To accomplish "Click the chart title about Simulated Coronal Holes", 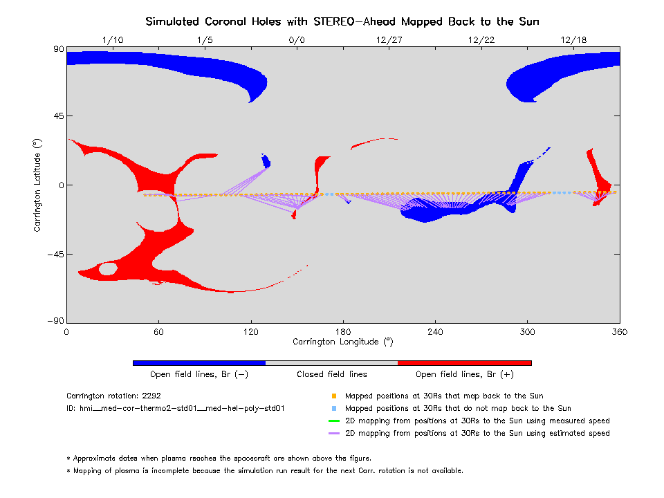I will point(342,21).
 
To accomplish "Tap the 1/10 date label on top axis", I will point(113,39).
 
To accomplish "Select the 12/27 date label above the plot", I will point(389,39).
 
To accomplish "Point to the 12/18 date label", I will point(573,39).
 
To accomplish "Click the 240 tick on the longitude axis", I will point(435,332).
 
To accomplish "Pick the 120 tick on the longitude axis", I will point(250,332).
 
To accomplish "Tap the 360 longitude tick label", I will point(619,332).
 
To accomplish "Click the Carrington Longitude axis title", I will point(342,342).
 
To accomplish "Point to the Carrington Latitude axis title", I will point(37,185).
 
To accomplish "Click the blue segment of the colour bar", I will point(199,362).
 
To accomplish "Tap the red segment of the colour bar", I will point(465,362).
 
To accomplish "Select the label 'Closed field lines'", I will point(332,374).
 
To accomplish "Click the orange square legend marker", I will point(334,396).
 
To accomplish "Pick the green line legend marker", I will point(334,421).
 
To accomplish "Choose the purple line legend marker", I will point(334,433).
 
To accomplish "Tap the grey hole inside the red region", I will point(108,269).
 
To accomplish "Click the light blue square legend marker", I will point(334,409).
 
